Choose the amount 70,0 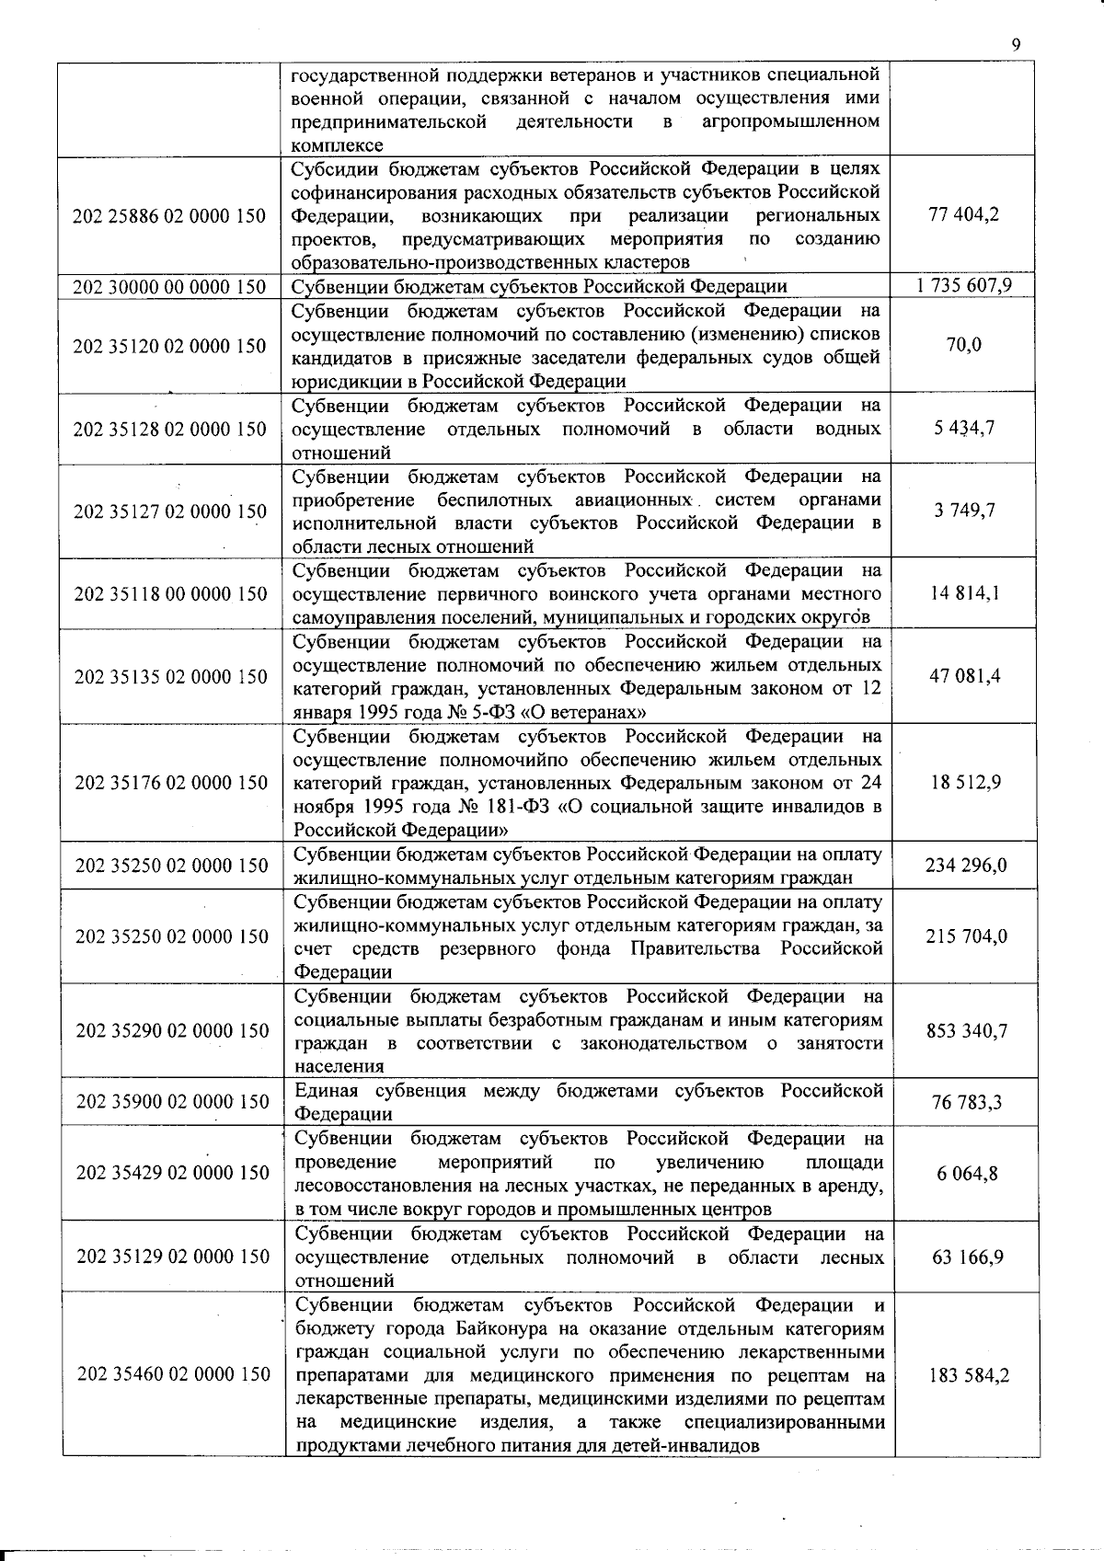point(964,345)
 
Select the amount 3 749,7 point(964,511)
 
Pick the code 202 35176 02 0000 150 point(171,783)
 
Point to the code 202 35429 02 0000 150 point(172,1173)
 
